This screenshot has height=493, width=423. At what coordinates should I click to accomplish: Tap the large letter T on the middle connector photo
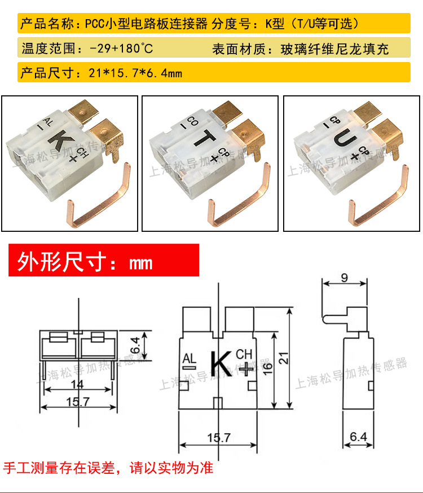[205, 138]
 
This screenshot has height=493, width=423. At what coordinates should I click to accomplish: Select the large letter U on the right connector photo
[345, 138]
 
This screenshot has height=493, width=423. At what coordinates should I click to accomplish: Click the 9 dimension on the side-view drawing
[345, 278]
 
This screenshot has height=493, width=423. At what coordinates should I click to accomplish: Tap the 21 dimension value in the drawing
[284, 358]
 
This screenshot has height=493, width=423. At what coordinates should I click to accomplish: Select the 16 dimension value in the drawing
[267, 368]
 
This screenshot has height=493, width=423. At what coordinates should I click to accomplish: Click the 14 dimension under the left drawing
[77, 384]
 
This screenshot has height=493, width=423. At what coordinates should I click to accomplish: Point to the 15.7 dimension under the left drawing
[78, 402]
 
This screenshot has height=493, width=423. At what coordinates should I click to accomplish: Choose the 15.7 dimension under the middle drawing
[219, 437]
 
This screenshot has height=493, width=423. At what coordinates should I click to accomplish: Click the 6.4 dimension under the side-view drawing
[358, 437]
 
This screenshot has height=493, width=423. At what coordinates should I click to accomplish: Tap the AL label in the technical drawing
[189, 358]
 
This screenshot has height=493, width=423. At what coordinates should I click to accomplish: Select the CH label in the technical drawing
[244, 354]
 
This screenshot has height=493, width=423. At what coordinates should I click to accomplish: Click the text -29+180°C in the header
[121, 49]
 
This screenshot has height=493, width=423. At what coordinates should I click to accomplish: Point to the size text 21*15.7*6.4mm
[135, 73]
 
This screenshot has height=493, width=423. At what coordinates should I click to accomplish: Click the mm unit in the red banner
[141, 263]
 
